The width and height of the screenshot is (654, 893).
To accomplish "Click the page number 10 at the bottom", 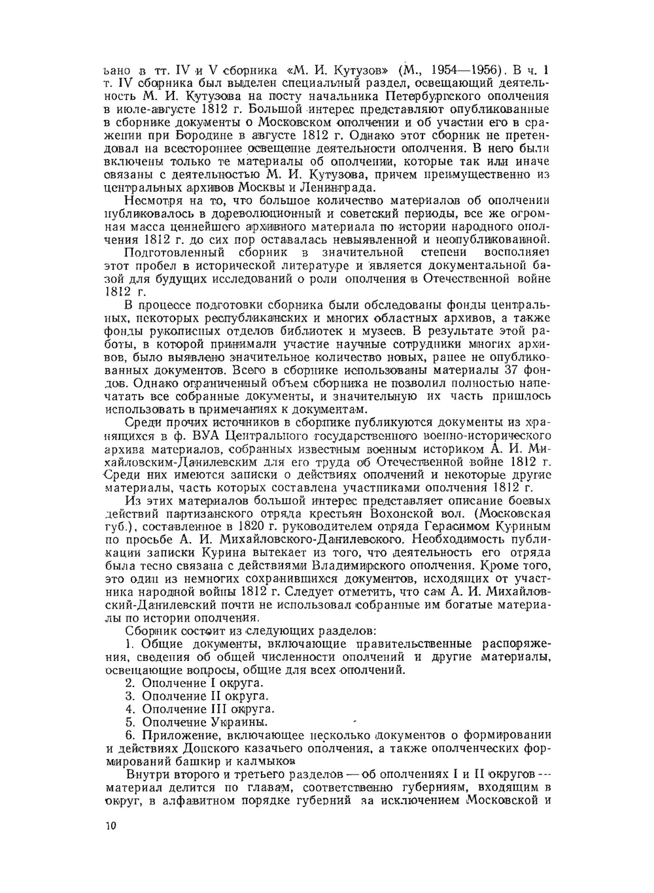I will click(x=110, y=826).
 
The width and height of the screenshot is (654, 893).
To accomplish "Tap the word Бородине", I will click(x=208, y=136).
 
